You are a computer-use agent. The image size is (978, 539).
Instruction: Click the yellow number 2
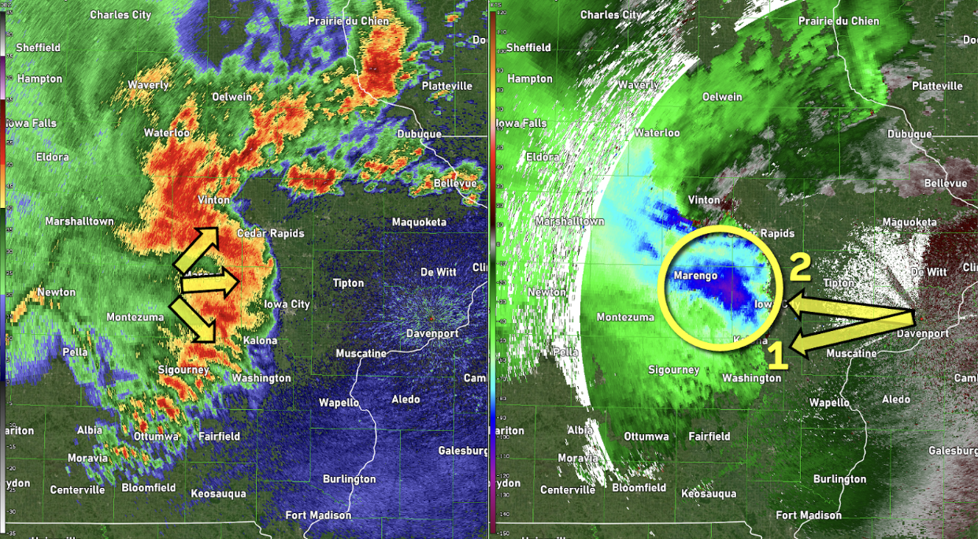[x=799, y=268]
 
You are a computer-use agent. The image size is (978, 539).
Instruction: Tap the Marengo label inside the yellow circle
[x=695, y=276]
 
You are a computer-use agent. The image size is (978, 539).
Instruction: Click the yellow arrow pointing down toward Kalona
[x=197, y=319]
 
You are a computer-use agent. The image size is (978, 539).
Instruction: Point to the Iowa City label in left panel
[x=287, y=304]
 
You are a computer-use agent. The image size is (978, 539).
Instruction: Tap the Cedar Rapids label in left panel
[x=270, y=233]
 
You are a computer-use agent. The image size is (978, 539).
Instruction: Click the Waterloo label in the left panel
[x=167, y=133]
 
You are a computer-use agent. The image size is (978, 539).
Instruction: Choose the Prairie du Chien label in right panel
[x=841, y=21]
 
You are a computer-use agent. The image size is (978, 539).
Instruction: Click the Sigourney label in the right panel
[x=674, y=370]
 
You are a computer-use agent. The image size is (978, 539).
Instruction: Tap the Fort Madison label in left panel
[x=318, y=515]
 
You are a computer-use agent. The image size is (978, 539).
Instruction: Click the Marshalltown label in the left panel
[x=80, y=221]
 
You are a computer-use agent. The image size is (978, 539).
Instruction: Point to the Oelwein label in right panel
[x=722, y=97]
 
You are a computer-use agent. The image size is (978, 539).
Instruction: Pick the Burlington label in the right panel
[x=839, y=479]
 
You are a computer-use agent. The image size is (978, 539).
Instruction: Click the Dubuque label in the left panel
[x=419, y=134]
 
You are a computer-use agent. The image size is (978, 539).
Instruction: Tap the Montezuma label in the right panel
[x=625, y=317]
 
